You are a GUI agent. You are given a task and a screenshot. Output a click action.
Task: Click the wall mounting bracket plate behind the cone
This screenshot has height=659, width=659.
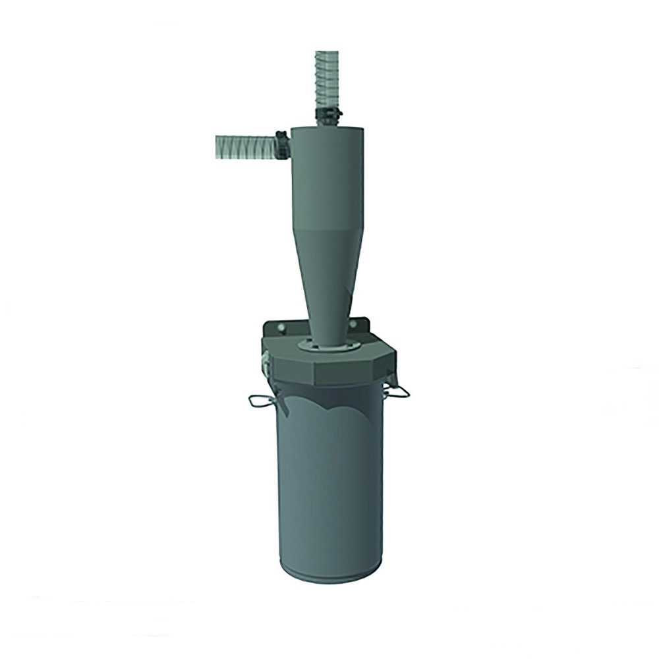277,333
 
